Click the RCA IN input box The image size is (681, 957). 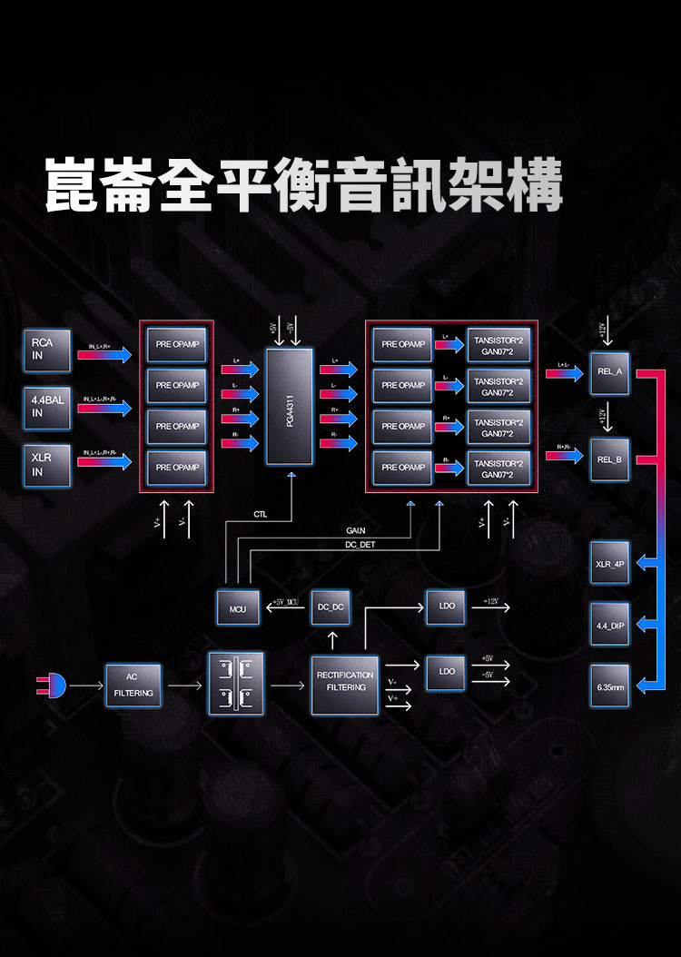click(x=47, y=350)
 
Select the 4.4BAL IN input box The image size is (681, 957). click(x=47, y=407)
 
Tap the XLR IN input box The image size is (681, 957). click(x=47, y=466)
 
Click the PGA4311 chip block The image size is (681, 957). click(x=289, y=406)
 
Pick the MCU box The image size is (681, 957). click(x=238, y=607)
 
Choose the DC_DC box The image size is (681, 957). click(x=331, y=607)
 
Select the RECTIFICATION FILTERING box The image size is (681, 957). click(x=345, y=682)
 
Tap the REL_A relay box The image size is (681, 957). click(x=609, y=372)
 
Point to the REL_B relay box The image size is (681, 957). click(x=609, y=459)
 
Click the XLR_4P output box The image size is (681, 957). click(x=609, y=564)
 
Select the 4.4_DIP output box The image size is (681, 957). click(x=609, y=626)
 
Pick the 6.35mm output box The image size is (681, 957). click(x=609, y=687)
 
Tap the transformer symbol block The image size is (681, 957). click(x=236, y=684)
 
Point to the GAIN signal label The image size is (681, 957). click(x=357, y=530)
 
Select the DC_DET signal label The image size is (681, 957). click(x=360, y=545)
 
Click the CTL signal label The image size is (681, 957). click(x=262, y=515)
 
